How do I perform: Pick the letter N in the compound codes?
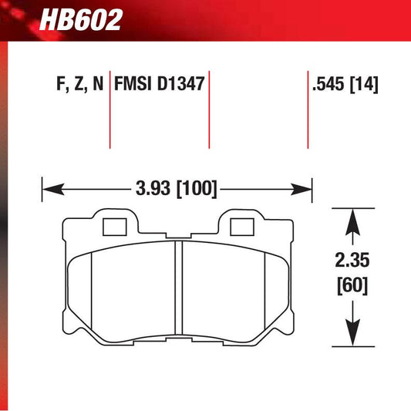coord(97,83)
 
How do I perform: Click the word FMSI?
coord(133,83)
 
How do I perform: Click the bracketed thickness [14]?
coord(365,83)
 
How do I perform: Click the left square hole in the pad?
coord(113,227)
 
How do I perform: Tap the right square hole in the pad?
coord(243,227)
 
